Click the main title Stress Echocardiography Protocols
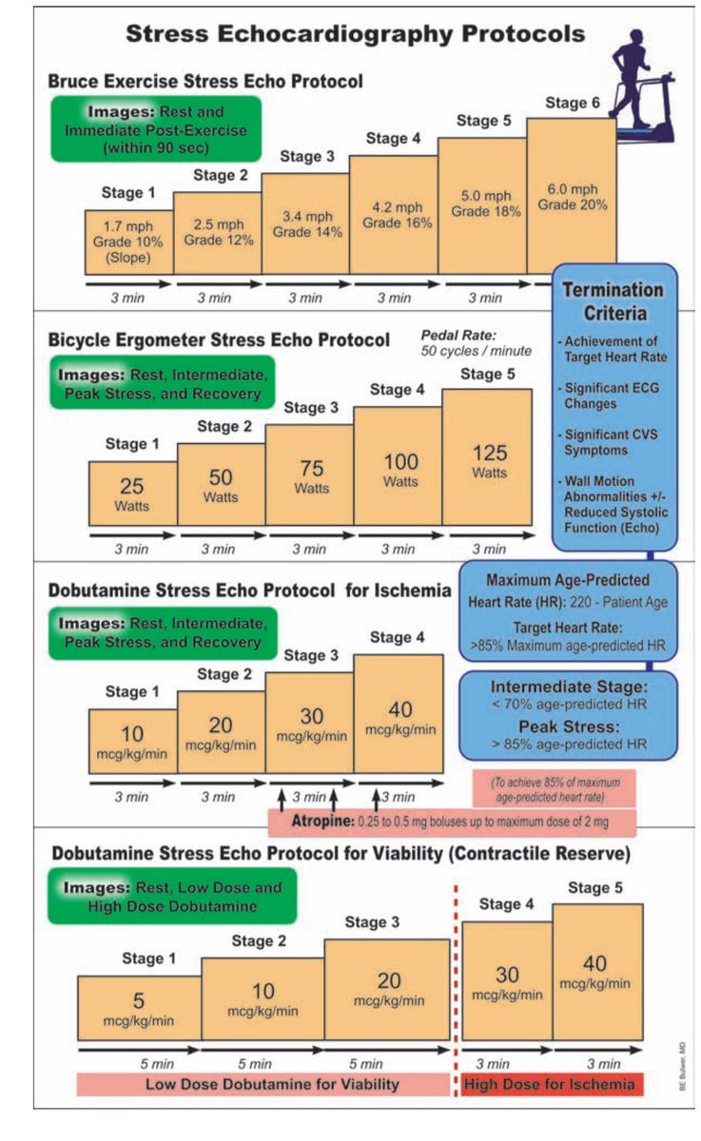[x=356, y=36]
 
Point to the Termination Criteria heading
[x=613, y=301]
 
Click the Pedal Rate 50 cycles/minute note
[x=476, y=344]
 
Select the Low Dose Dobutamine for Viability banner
[x=265, y=1084]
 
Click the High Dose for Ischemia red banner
[x=551, y=1084]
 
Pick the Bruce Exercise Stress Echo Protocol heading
[x=206, y=81]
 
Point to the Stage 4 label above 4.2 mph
[x=393, y=139]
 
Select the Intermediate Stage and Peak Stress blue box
[x=568, y=714]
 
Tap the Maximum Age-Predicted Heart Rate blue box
[x=568, y=609]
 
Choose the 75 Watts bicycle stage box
[x=311, y=478]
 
